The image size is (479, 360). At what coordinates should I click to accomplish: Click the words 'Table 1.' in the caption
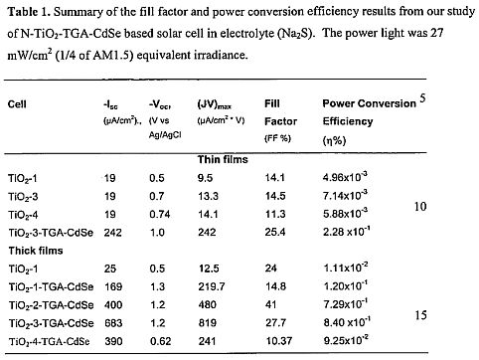[x=29, y=12]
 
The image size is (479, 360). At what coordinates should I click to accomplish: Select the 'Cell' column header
[x=17, y=104]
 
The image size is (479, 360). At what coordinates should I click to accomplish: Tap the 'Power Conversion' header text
[x=369, y=103]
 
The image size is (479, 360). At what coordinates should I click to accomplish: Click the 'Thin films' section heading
[x=223, y=160]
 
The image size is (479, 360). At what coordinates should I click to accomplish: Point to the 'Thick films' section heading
[x=36, y=251]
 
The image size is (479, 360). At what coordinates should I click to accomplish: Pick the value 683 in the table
[x=113, y=323]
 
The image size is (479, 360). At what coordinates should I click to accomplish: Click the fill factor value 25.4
[x=275, y=232]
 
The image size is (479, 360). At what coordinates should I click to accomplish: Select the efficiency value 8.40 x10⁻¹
[x=347, y=322]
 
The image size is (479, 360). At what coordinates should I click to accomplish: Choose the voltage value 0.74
[x=160, y=214]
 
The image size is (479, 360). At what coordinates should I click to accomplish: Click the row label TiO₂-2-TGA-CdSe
[x=51, y=305]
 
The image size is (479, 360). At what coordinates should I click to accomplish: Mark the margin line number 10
[x=420, y=207]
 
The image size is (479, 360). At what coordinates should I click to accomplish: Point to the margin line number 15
[x=420, y=315]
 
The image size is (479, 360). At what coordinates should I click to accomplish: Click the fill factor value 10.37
[x=279, y=341]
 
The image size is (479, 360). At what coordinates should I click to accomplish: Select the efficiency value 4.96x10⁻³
[x=345, y=177]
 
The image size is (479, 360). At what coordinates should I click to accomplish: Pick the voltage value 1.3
[x=157, y=286]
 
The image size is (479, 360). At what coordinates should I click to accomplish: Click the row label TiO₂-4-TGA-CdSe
[x=49, y=342]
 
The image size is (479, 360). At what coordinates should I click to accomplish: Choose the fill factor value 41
[x=271, y=305]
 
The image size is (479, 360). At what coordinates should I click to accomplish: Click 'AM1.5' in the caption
[x=113, y=55]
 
